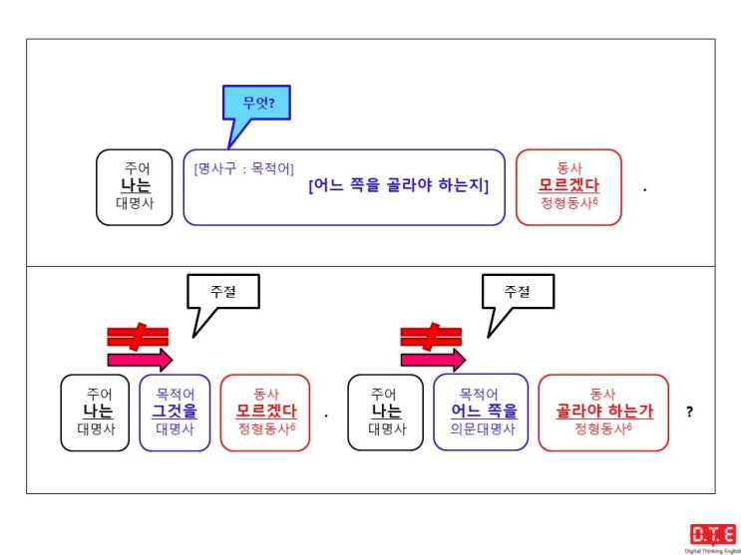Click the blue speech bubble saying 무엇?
pos(256,103)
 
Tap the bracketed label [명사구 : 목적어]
pos(244,168)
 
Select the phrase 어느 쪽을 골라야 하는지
pos(399,186)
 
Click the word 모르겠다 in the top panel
pos(568,185)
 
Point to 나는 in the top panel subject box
pos(136,185)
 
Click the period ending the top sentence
pos(645,190)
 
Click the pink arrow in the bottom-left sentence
pos(140,361)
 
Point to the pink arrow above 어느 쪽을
pos(434,361)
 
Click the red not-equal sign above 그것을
pos(138,337)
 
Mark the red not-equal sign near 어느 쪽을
pos(431,337)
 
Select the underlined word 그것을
pos(175,412)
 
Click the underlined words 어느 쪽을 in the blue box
pos(484,412)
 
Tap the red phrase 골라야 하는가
pos(604,412)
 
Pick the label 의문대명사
pos(481,429)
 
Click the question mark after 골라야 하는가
pos(689,412)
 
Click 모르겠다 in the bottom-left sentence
pos(266,412)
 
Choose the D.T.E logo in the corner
pos(713,537)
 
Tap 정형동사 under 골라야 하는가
pos(600,428)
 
